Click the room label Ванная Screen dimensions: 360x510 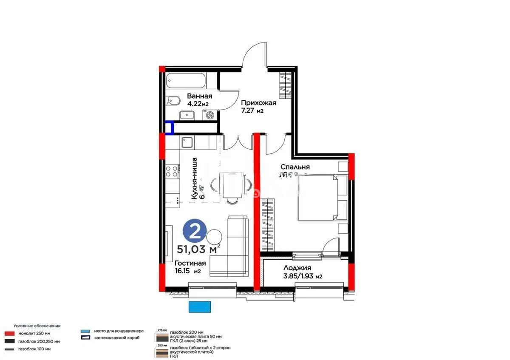(199, 96)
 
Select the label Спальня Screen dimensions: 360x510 (295, 167)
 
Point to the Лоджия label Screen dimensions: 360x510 (297, 268)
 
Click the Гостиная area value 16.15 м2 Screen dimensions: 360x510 (187, 271)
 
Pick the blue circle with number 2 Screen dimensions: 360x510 (195, 232)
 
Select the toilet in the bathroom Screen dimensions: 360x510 (173, 101)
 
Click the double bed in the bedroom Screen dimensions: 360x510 (323, 198)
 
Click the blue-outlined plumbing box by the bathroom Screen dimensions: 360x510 (169, 128)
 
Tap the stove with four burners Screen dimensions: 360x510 (171, 171)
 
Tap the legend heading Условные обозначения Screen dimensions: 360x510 (37, 326)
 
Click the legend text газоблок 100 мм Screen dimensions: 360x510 (34, 349)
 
